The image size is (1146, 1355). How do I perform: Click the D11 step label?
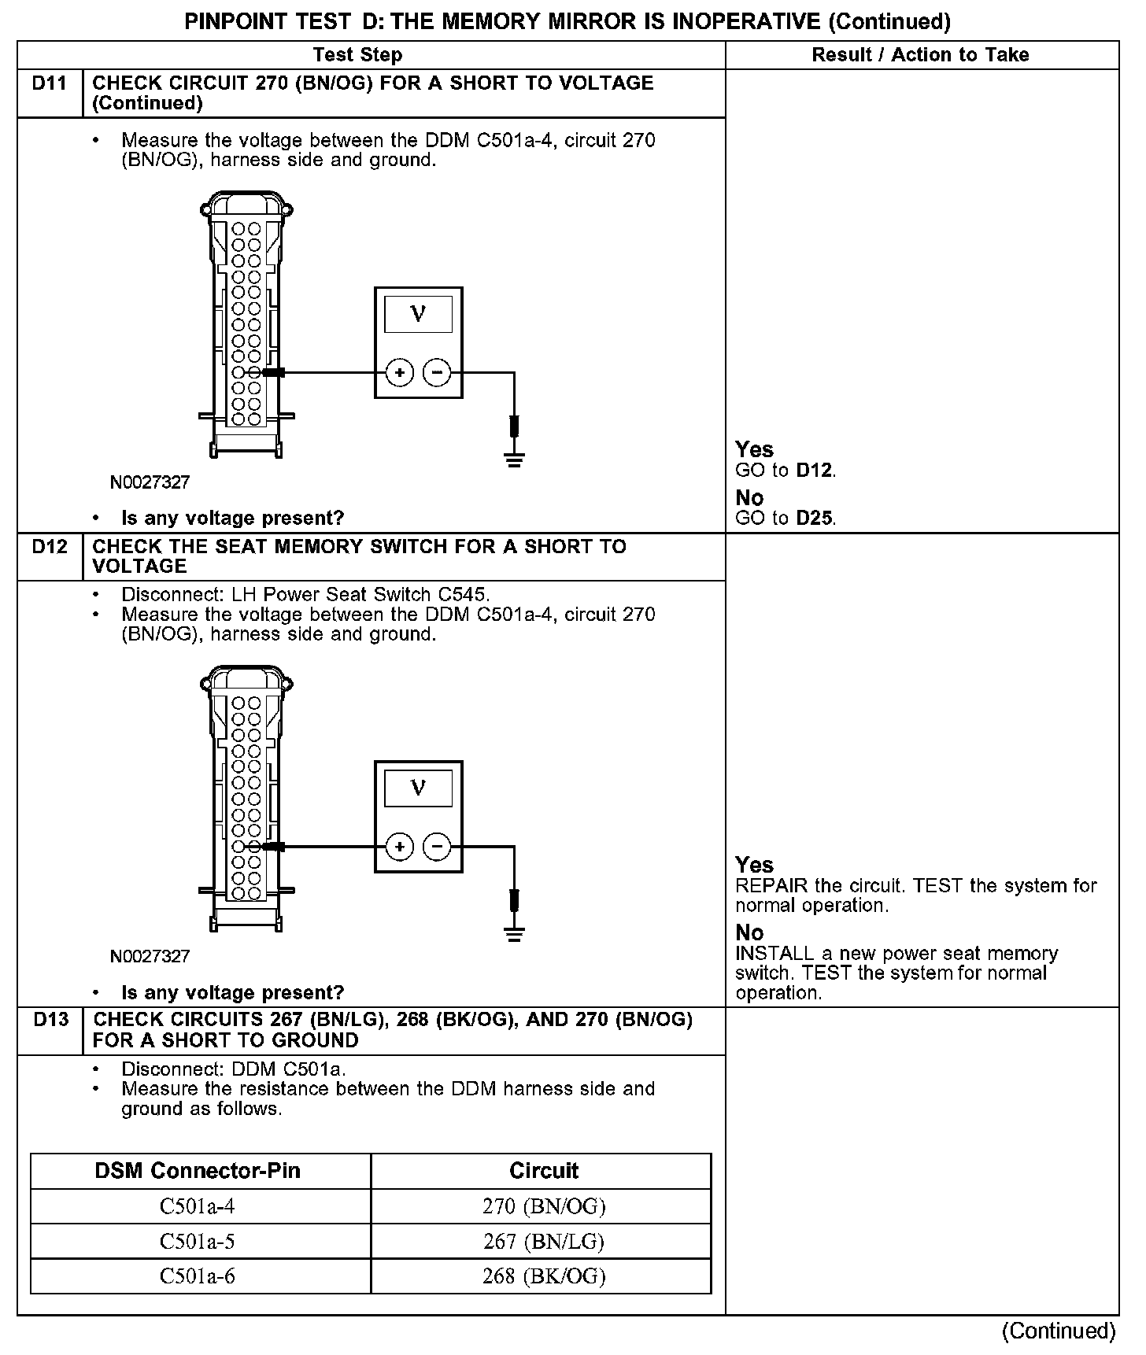click(49, 83)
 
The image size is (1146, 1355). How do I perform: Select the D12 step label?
click(50, 547)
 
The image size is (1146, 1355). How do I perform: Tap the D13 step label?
click(50, 1020)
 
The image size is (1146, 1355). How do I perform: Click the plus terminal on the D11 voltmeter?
click(400, 372)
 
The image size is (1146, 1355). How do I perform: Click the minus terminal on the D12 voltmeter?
click(438, 847)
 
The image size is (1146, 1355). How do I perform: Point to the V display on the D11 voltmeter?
click(418, 314)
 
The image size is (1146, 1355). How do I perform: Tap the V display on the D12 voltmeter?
click(418, 788)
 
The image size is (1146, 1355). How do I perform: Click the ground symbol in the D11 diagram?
click(514, 460)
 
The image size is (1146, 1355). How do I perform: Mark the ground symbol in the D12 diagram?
click(514, 934)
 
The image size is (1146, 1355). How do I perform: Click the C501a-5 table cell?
click(198, 1242)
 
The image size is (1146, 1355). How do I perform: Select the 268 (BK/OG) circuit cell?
click(544, 1276)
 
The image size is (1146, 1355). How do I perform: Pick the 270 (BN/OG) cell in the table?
click(544, 1206)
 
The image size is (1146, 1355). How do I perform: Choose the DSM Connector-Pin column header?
click(198, 1171)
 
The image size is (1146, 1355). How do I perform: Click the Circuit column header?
click(544, 1171)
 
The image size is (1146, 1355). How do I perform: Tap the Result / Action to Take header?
click(920, 55)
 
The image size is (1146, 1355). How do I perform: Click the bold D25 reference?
click(815, 519)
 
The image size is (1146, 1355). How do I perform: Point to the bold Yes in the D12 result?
click(754, 865)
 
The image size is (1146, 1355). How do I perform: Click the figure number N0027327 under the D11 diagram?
click(150, 482)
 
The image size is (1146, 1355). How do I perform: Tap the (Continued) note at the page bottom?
click(1058, 1331)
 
